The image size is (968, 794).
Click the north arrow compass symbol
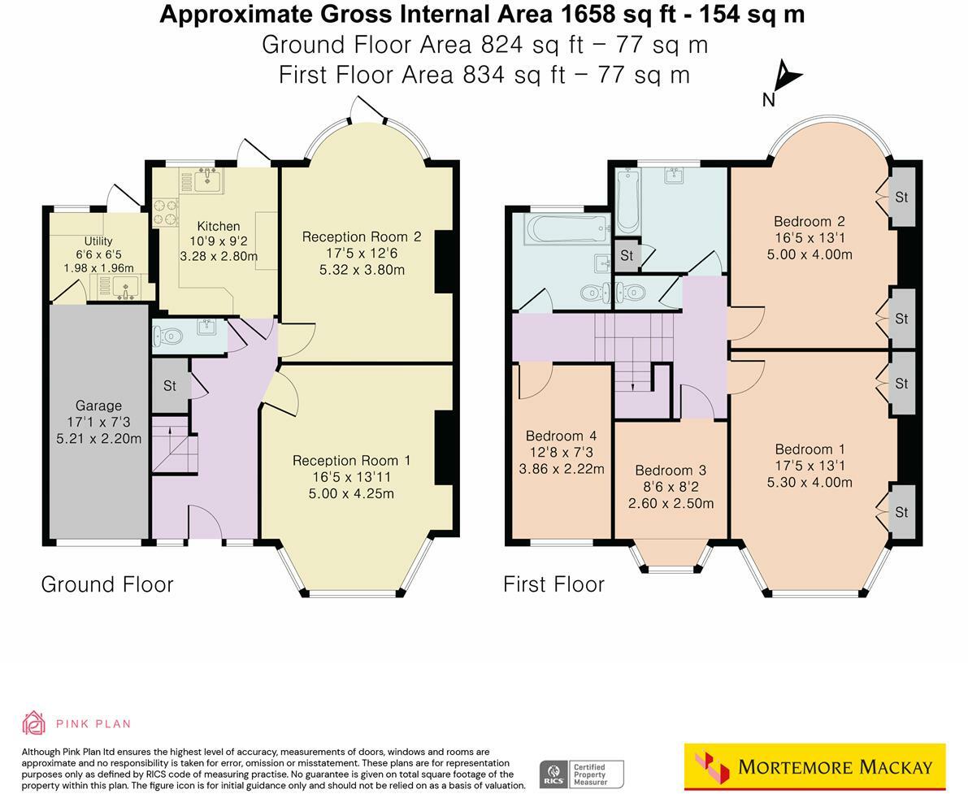pos(785,78)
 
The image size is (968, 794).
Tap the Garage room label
pos(98,406)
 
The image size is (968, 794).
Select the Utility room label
pos(98,241)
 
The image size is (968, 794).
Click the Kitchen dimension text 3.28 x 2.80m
pos(219,257)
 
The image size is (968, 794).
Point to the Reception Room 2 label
pos(362,236)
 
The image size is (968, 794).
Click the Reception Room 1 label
pos(352,461)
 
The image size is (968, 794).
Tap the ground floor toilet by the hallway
pos(168,335)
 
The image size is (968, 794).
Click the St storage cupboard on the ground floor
pos(169,386)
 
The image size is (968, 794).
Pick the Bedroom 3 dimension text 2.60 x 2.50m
pos(671,503)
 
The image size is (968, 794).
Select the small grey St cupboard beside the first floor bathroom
pos(627,255)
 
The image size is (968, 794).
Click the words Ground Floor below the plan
pos(107,584)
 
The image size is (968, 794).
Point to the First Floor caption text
pos(553,584)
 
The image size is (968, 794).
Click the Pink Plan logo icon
pos(33,722)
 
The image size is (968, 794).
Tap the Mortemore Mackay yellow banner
pos(814,766)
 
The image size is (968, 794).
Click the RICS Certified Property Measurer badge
pos(582,774)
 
